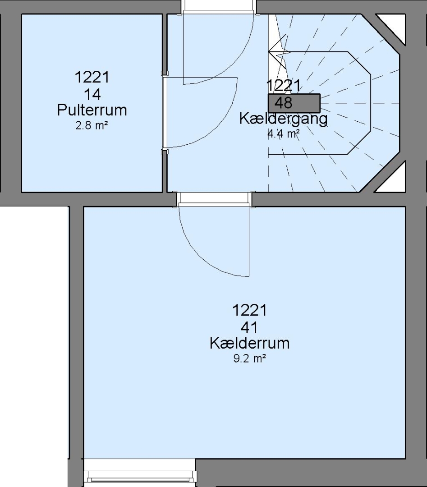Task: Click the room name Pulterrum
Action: point(92,110)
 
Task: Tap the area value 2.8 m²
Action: point(92,126)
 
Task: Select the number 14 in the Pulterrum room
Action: point(92,94)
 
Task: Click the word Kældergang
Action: point(283,119)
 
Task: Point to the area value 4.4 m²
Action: point(284,134)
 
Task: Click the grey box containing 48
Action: point(294,103)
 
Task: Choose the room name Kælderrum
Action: point(249,343)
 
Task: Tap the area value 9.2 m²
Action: point(249,359)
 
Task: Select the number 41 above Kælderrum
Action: point(249,327)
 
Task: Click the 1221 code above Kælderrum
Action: point(249,310)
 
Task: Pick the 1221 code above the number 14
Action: point(92,78)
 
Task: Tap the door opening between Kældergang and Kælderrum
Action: point(214,199)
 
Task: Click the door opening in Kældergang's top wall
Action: point(219,7)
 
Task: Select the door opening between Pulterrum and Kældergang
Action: point(165,112)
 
